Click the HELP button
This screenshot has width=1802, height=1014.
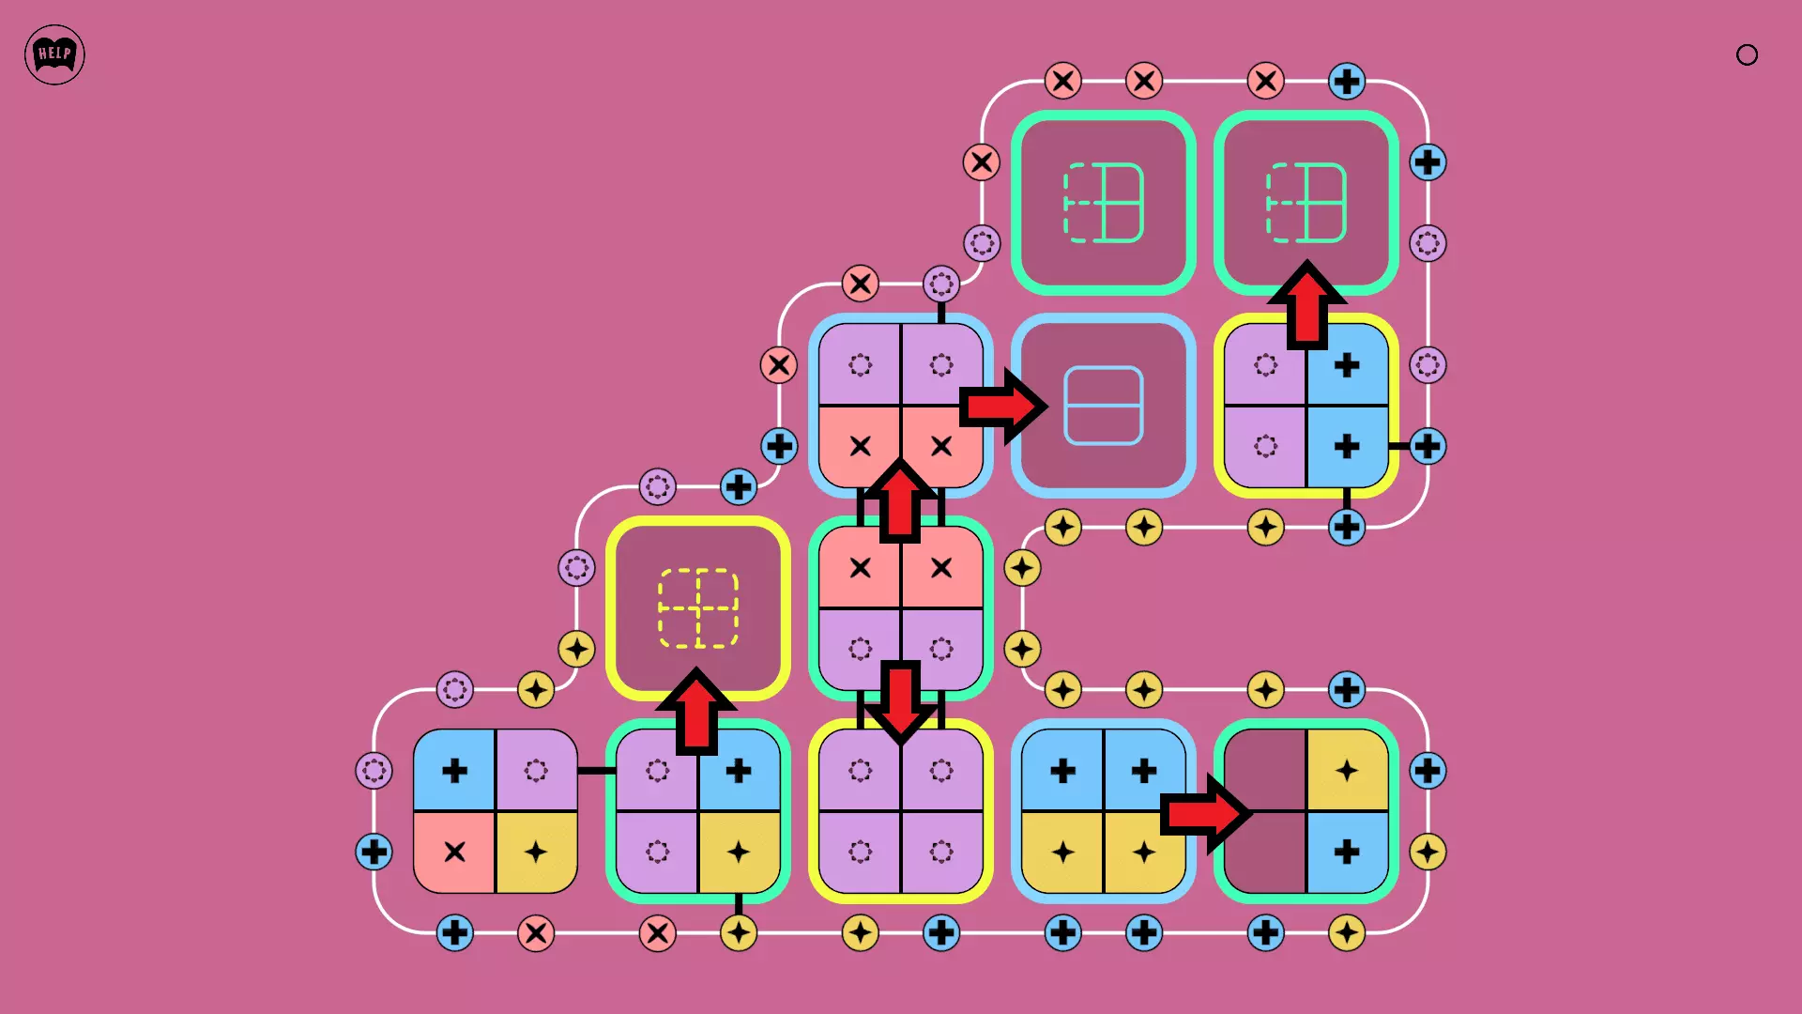[x=54, y=54]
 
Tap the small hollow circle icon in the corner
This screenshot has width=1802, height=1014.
[x=1747, y=54]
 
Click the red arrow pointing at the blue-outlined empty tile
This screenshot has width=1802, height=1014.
[x=1002, y=407]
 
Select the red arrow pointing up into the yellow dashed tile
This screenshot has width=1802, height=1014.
[x=696, y=711]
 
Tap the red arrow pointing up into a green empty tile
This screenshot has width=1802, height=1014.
[x=1306, y=305]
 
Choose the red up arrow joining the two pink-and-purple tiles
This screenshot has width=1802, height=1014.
[x=900, y=500]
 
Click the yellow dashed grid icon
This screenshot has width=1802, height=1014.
[x=697, y=608]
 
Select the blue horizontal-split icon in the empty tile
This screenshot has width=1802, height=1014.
[x=1103, y=406]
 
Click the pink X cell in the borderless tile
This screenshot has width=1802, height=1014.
[x=454, y=853]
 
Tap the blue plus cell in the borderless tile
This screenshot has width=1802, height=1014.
[x=454, y=771]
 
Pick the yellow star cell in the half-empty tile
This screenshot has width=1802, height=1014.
[x=1347, y=771]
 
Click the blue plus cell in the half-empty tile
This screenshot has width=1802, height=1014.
[x=1347, y=853]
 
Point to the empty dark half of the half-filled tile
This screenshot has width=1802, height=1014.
[x=1265, y=811]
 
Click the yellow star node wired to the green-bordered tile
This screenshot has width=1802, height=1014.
[x=739, y=933]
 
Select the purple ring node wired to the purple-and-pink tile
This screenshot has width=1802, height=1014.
[x=940, y=283]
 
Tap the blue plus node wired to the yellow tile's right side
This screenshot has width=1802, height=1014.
[x=1428, y=446]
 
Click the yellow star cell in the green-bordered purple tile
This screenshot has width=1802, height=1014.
[x=739, y=853]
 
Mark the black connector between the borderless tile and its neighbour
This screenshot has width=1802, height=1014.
[x=595, y=771]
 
